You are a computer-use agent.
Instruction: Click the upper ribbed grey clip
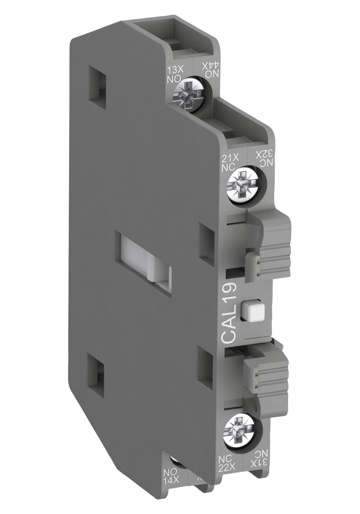coord(273,252)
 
